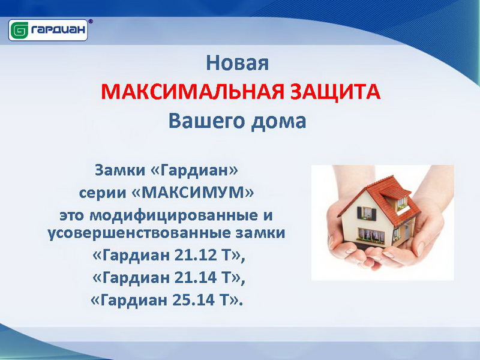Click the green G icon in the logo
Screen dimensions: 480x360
tap(19, 30)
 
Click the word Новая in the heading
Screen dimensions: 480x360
tap(237, 63)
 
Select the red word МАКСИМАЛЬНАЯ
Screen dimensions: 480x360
tap(193, 92)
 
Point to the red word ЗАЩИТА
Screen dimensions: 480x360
tap(335, 92)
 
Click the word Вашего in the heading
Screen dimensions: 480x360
tap(206, 121)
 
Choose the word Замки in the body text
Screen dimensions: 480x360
tap(119, 170)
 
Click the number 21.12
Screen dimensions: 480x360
tap(196, 255)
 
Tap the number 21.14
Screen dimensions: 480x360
tap(196, 278)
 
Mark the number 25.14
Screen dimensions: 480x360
tap(194, 300)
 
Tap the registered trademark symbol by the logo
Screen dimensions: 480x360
tap(91, 22)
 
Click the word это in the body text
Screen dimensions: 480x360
tap(71, 216)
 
